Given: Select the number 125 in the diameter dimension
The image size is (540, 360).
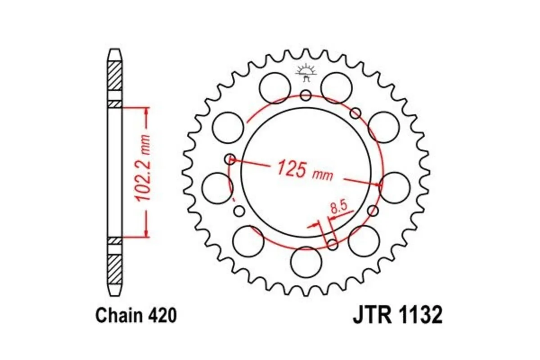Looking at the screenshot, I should point(291,168).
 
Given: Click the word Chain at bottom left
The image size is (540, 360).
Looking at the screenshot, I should point(117,316).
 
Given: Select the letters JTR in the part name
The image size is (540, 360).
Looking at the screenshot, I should point(369,315).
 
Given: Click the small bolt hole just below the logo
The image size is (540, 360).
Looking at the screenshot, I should point(306,95).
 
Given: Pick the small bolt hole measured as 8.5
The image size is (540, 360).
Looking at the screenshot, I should point(333,244).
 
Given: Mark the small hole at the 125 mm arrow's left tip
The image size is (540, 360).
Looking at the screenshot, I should point(230,158).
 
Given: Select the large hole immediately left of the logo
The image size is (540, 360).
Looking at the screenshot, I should point(275,87).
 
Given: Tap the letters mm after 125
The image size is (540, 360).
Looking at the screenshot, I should point(323,174).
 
